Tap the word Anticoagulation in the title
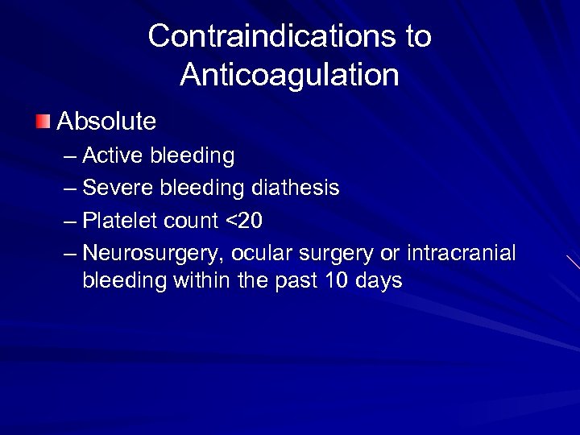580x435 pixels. coord(290,75)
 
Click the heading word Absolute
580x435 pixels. coord(106,122)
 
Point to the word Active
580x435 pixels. coord(110,155)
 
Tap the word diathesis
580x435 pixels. coord(296,188)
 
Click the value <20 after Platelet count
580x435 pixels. coord(247,221)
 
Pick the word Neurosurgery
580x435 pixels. coord(153,253)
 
